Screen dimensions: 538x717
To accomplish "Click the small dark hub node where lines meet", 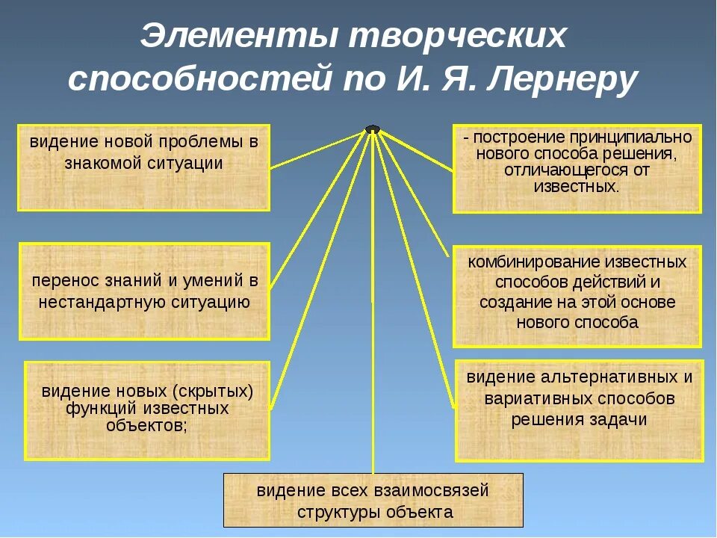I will [x=372, y=129].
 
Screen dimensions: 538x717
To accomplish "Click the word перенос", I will [x=63, y=281].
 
